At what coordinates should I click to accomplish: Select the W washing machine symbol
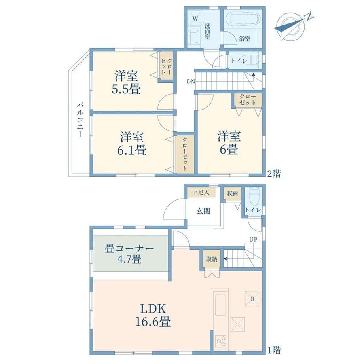pyautogui.click(x=195, y=19)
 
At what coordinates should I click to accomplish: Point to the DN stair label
pyautogui.click(x=191, y=82)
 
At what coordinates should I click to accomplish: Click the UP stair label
pyautogui.click(x=253, y=240)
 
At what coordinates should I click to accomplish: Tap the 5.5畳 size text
pyautogui.click(x=126, y=89)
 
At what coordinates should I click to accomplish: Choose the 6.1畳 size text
pyautogui.click(x=132, y=150)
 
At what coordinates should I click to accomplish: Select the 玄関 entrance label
pyautogui.click(x=203, y=211)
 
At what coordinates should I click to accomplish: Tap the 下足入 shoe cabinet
pyautogui.click(x=201, y=192)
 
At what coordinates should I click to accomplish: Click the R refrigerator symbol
pyautogui.click(x=252, y=299)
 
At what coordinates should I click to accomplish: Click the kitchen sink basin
pyautogui.click(x=220, y=305)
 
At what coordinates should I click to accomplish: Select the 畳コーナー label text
pyautogui.click(x=129, y=248)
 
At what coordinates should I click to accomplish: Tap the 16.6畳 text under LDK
pyautogui.click(x=153, y=322)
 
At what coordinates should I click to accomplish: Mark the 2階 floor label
pyautogui.click(x=274, y=173)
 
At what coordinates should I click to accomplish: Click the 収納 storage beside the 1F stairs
pyautogui.click(x=212, y=259)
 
